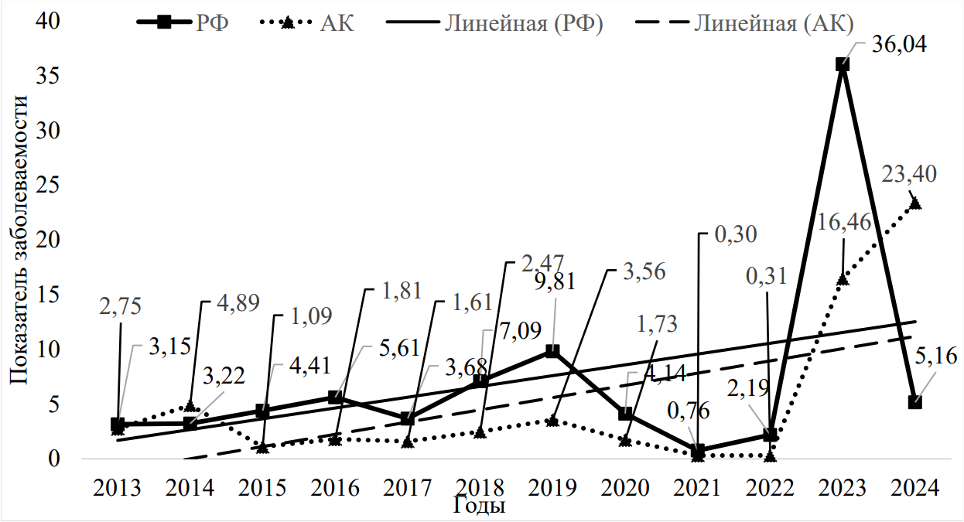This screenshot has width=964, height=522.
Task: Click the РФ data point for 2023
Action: coord(843,65)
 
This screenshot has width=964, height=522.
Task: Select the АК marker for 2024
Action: coord(915,203)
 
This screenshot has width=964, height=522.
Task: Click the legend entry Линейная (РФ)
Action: coord(523,23)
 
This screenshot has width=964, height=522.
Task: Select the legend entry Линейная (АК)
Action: coord(773,23)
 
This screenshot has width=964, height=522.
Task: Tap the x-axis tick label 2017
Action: coord(408,489)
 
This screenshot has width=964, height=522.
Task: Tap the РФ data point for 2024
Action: coord(915,402)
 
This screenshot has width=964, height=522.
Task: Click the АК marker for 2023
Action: coord(843,279)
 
